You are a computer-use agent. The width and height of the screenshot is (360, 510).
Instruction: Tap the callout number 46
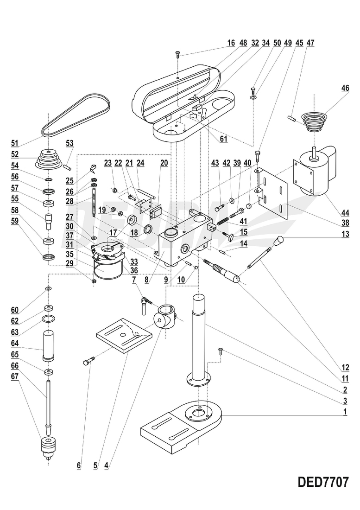tap(345, 88)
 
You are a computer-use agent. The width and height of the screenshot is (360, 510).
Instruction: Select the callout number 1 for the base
tap(345, 412)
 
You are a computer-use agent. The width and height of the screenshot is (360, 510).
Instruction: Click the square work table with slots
tap(124, 336)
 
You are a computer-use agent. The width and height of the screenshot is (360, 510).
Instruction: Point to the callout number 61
tap(223, 138)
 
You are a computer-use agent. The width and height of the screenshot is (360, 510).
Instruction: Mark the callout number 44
tap(345, 214)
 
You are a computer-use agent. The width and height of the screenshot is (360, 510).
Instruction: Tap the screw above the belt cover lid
tap(178, 55)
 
